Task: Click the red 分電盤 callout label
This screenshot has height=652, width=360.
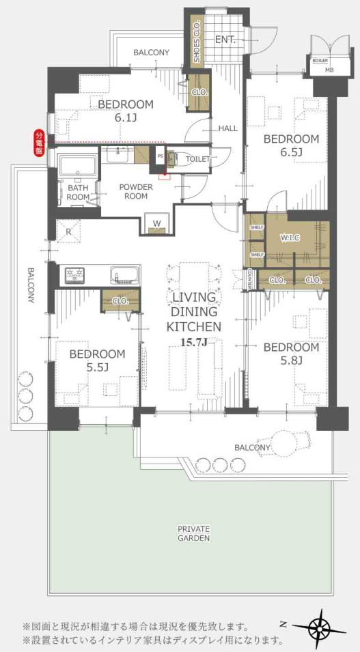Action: pyautogui.click(x=39, y=143)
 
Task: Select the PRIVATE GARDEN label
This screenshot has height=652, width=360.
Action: pyautogui.click(x=193, y=533)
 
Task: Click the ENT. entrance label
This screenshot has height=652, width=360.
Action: pyautogui.click(x=225, y=40)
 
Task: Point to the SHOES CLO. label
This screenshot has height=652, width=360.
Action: pyautogui.click(x=197, y=42)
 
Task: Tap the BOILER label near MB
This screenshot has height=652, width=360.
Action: pyautogui.click(x=319, y=61)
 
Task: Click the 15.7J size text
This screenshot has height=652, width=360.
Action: pyautogui.click(x=194, y=342)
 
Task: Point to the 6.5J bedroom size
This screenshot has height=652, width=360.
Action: pyautogui.click(x=291, y=153)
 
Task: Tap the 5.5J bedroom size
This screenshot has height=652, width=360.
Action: pyautogui.click(x=98, y=368)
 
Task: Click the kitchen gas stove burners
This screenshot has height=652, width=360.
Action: pyautogui.click(x=74, y=275)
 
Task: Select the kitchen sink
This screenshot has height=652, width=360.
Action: pyautogui.click(x=124, y=276)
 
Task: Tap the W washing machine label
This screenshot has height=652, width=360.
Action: pyautogui.click(x=156, y=223)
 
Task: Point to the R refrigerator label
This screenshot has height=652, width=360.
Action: pyautogui.click(x=69, y=232)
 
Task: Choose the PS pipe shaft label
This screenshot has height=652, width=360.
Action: pyautogui.click(x=161, y=156)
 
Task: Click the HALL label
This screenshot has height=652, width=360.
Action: pyautogui.click(x=228, y=128)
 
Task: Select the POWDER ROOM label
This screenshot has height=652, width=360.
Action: pyautogui.click(x=136, y=191)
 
